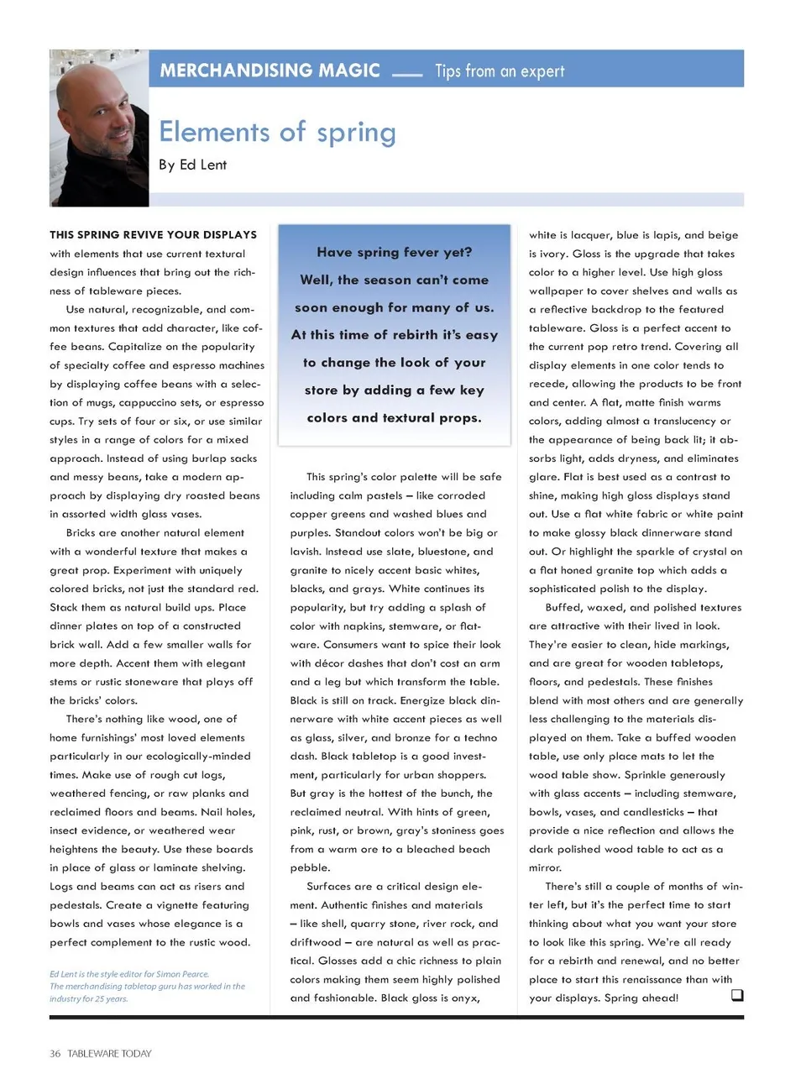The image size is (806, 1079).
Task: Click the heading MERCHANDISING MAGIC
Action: click(x=270, y=71)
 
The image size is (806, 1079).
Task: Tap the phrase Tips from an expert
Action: click(x=500, y=71)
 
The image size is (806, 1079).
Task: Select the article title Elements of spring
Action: click(x=277, y=132)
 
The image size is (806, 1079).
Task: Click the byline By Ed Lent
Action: click(x=192, y=165)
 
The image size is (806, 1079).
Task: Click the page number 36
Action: click(x=55, y=1054)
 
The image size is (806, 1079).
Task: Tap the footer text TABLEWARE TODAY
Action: click(x=109, y=1054)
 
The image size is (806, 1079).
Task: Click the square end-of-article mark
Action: click(x=736, y=996)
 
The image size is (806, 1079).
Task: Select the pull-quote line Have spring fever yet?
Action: click(x=394, y=252)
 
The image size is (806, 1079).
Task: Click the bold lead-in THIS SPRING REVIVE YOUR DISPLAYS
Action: click(x=153, y=235)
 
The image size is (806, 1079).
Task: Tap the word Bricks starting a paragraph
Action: click(x=84, y=533)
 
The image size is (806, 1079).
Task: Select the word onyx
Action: click(x=463, y=998)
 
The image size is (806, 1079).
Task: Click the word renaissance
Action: click(x=656, y=979)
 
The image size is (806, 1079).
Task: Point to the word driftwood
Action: click(x=316, y=943)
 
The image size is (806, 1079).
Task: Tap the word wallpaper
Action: click(x=557, y=291)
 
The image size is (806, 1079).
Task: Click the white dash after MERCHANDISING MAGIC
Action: click(x=407, y=75)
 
